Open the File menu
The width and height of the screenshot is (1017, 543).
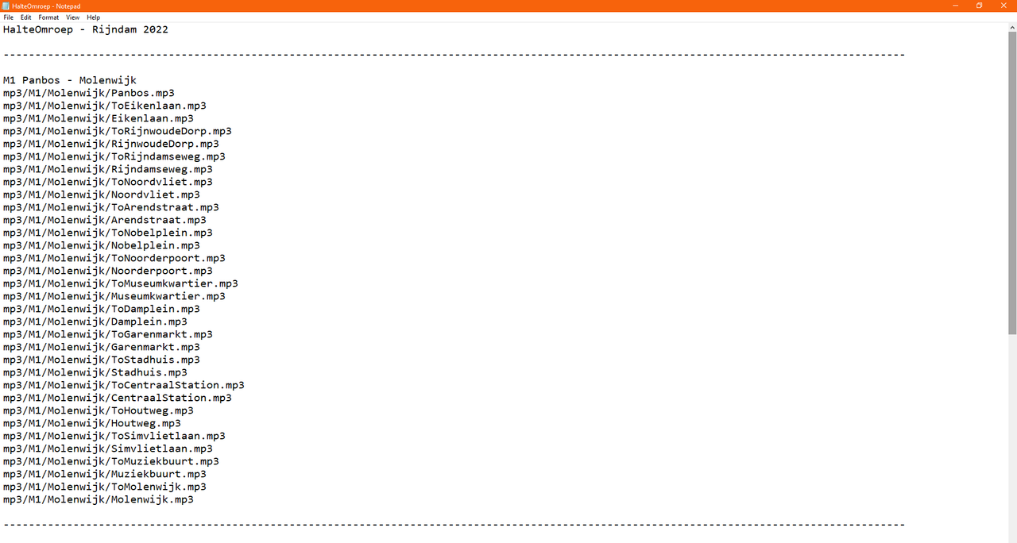[8, 17]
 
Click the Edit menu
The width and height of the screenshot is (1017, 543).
[26, 17]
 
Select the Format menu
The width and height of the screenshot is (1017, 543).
[48, 17]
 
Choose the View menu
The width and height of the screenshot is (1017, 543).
[72, 17]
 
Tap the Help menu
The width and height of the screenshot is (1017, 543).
[94, 17]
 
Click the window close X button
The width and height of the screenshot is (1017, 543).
[1003, 6]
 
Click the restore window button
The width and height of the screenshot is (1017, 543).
[980, 6]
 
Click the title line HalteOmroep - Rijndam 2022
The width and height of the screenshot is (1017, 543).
[85, 29]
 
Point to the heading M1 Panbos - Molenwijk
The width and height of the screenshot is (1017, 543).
[69, 80]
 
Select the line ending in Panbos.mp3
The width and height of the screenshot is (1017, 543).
[88, 93]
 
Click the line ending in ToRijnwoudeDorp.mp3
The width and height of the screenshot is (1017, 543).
[117, 131]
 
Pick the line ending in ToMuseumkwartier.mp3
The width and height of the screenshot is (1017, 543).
[120, 283]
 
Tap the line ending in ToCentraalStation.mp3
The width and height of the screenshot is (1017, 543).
[123, 385]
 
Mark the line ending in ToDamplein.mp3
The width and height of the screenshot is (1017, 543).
[101, 309]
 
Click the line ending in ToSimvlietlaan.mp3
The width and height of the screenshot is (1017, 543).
[114, 436]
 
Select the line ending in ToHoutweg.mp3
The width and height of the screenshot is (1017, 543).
[98, 410]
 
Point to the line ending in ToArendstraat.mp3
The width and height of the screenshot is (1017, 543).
[110, 207]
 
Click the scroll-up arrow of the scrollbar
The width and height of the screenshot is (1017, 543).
[1012, 28]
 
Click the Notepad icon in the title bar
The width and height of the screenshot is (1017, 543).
[6, 6]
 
